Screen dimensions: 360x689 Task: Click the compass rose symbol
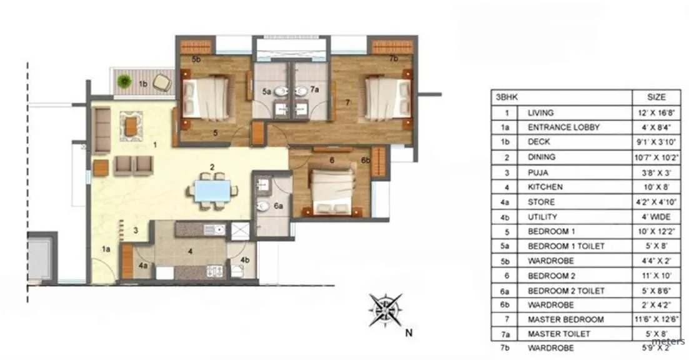pyautogui.click(x=385, y=309)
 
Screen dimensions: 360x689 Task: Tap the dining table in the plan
pyautogui.click(x=212, y=191)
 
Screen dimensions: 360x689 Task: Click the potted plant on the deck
pyautogui.click(x=125, y=81)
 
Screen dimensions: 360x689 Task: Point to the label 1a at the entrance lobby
pyautogui.click(x=106, y=249)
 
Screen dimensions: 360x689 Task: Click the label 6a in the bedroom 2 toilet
pyautogui.click(x=278, y=204)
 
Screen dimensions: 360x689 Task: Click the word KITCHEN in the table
pyautogui.click(x=545, y=187)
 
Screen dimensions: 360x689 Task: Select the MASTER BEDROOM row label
pyautogui.click(x=565, y=319)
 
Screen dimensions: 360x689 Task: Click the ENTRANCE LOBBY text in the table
pyautogui.click(x=563, y=127)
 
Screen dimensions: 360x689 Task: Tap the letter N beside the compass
pyautogui.click(x=409, y=332)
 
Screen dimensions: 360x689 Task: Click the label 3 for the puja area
pyautogui.click(x=136, y=230)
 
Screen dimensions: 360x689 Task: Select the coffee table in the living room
pyautogui.click(x=131, y=126)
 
